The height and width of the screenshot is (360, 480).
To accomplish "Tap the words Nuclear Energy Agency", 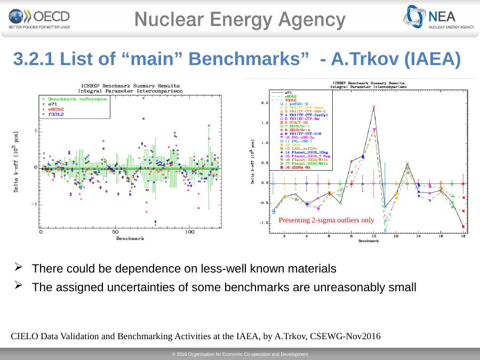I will [240, 20].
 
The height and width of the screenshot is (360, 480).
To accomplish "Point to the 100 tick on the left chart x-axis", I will [189, 232].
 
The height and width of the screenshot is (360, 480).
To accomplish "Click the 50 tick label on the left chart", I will [115, 232].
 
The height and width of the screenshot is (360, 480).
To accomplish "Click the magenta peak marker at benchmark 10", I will [374, 107].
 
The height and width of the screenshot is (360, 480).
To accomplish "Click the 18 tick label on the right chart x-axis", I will [463, 236].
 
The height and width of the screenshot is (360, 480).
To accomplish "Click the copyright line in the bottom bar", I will [240, 354].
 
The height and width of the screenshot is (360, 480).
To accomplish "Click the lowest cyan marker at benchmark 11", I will [385, 231].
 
